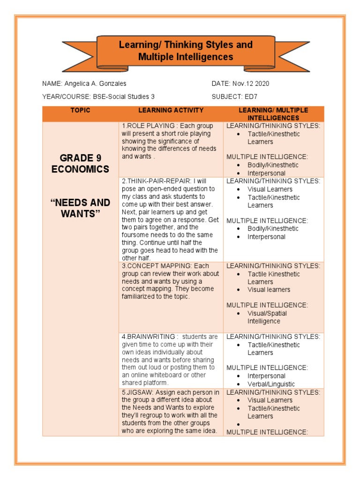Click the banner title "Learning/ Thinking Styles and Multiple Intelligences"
(186, 51)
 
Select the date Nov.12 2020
(251, 84)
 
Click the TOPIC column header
(80, 111)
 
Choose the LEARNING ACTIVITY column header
(171, 111)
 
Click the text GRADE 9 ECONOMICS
(80, 163)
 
